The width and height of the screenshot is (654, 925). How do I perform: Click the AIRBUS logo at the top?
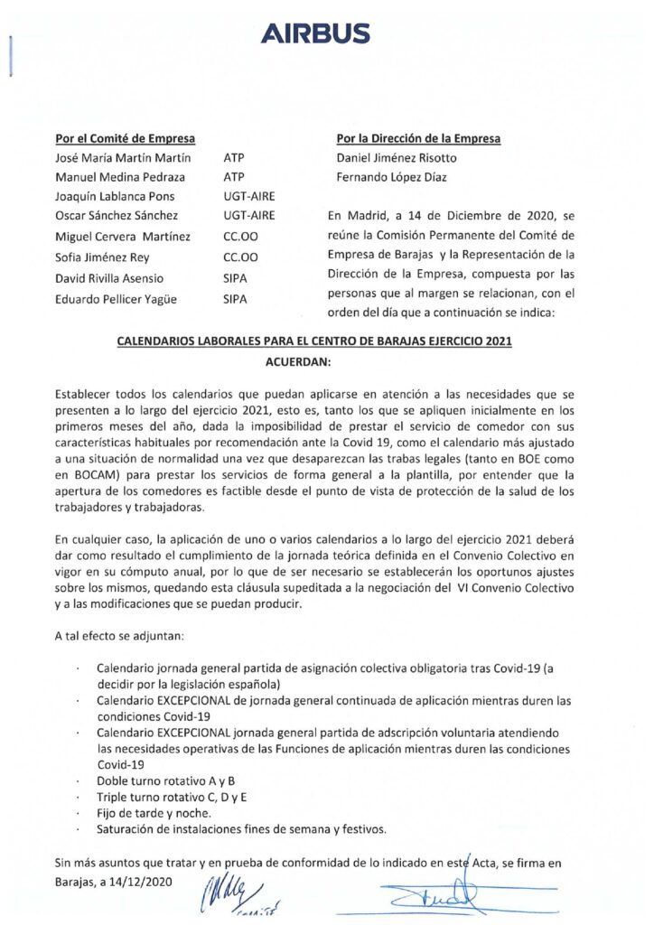[315, 34]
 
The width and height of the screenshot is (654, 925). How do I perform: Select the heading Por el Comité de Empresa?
[126, 138]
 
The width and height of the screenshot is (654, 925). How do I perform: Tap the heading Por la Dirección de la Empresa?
[418, 138]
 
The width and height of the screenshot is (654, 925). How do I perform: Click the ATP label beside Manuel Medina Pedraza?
[233, 178]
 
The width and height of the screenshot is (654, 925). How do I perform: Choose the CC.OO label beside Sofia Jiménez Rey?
[238, 257]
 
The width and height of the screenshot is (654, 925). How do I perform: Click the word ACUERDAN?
[298, 361]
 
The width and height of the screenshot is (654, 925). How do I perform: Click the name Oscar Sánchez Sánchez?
[117, 217]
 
